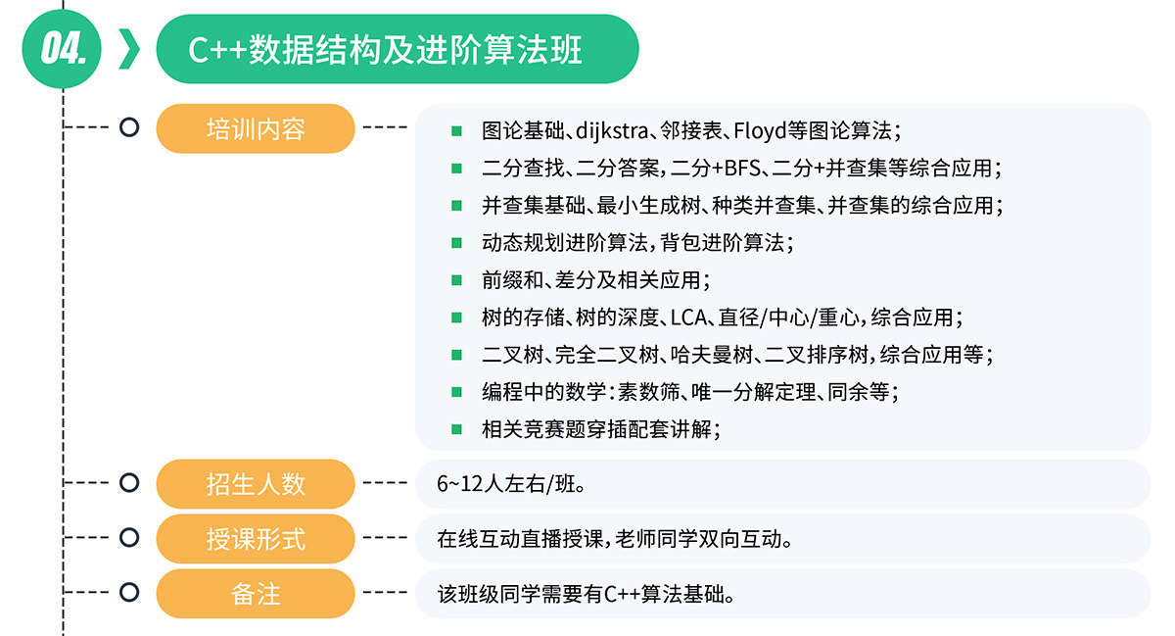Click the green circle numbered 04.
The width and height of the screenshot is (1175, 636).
pos(61,49)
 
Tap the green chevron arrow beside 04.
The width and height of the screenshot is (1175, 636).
pos(127,49)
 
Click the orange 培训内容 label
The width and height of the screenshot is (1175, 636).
pos(255,128)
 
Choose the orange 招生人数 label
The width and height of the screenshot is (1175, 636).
pos(255,483)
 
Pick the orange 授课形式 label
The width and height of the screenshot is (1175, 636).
pos(255,538)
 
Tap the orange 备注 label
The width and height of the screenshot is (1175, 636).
pos(255,593)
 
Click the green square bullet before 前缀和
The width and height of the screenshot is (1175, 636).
pos(456,280)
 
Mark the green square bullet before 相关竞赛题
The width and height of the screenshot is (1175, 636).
pos(456,429)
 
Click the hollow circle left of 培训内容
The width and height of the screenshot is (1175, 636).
pos(128,127)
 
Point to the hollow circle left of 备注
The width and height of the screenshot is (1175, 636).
pos(128,593)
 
